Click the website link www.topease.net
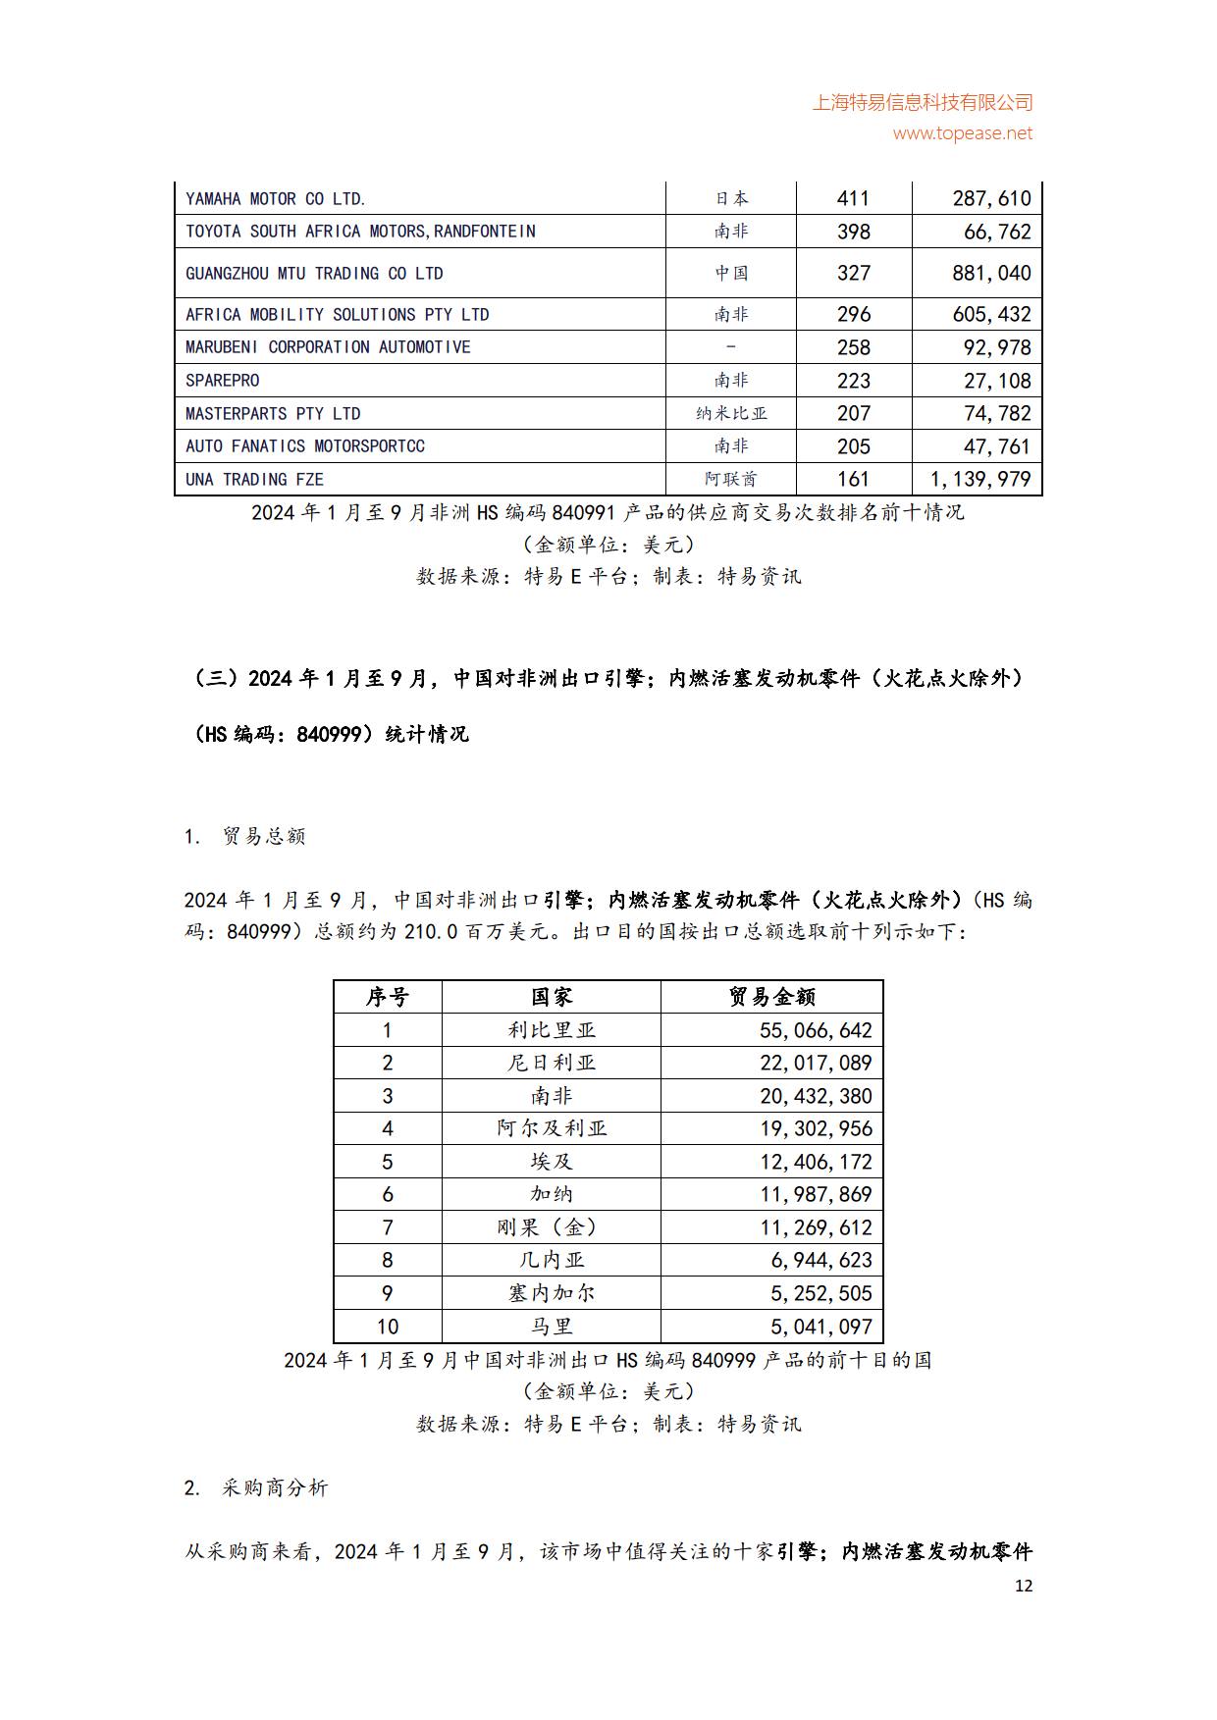pos(962,133)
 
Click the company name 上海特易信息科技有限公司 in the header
pos(923,103)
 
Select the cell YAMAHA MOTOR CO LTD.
pos(275,199)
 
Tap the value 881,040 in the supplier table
pos(991,274)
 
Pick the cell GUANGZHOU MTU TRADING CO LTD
pos(314,274)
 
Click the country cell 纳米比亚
pos(731,414)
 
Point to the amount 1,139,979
pos(980,480)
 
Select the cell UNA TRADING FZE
pos(254,480)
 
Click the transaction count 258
pos(854,348)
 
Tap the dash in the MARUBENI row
pos(731,347)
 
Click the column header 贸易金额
pos(771,998)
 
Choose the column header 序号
pos(387,998)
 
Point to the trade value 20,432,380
pos(816,1097)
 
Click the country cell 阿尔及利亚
pos(552,1129)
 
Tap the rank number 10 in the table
pos(388,1328)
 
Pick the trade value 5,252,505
pos(821,1294)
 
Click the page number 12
pos(1024,1586)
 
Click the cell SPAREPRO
pos(223,381)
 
